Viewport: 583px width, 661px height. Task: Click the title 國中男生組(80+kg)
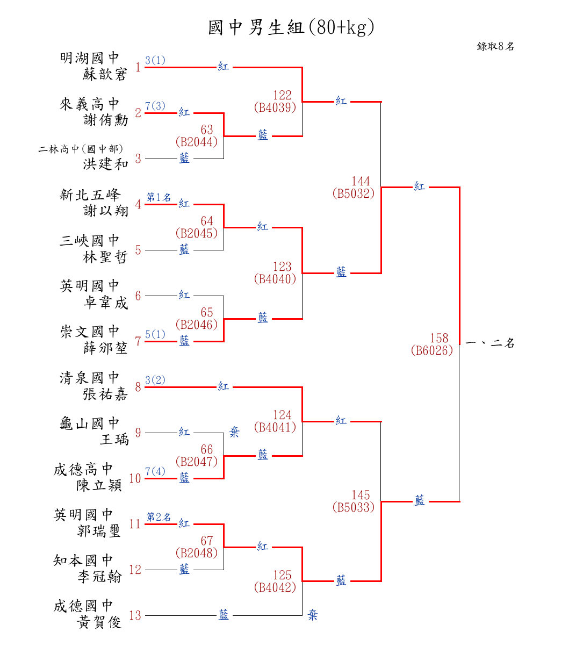pos(291,27)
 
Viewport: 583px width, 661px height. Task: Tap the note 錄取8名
pos(495,47)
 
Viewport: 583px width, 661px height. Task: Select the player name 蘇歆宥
pos(105,75)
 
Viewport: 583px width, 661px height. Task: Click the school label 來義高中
pos(90,104)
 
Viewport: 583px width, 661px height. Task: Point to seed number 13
pos(135,616)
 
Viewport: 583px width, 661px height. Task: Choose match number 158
pos(439,339)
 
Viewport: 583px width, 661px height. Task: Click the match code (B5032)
pos(353,194)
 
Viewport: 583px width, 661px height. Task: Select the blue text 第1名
pos(159,198)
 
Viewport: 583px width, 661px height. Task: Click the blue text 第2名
pos(159,517)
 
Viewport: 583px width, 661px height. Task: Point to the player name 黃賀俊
pos(100,623)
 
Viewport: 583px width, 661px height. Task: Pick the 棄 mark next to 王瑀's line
pos(234,433)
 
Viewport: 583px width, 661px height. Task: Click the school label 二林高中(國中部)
pos(81,149)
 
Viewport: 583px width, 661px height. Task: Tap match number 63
pos(207,130)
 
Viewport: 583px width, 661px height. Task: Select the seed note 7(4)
pos(155,472)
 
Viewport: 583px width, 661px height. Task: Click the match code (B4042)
pos(275,588)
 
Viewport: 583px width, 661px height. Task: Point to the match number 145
pos(361,495)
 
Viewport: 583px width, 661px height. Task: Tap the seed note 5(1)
pos(155,335)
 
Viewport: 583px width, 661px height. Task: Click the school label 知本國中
pos(83,561)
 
